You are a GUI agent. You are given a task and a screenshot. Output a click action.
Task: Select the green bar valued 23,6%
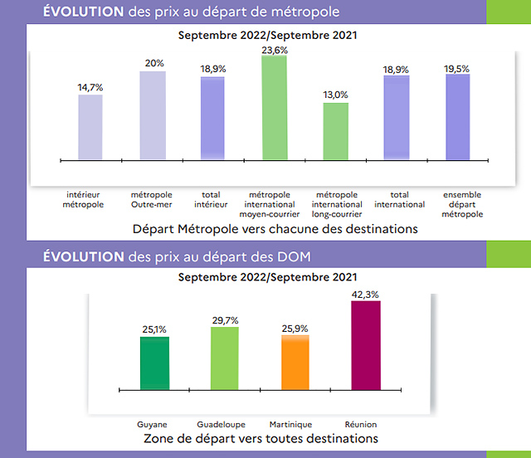click(274, 108)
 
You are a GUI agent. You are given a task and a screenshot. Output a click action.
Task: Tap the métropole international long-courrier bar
click(336, 131)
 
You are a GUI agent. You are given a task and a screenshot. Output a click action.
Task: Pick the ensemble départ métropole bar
click(457, 117)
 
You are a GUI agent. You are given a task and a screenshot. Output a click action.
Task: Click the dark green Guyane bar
click(154, 363)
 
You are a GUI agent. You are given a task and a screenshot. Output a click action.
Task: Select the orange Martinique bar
click(296, 363)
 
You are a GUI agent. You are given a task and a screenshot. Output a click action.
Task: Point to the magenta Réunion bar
click(366, 345)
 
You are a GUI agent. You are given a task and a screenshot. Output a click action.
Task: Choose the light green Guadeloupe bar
click(224, 358)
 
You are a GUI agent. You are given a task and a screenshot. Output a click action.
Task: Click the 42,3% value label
click(366, 294)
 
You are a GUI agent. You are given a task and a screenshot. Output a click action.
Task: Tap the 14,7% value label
click(90, 87)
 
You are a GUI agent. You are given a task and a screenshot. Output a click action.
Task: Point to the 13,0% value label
click(336, 95)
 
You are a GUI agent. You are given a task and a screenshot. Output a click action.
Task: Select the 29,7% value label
click(225, 320)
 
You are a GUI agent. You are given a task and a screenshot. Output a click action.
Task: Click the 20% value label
click(153, 64)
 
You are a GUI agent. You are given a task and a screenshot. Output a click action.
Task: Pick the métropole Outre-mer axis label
click(152, 199)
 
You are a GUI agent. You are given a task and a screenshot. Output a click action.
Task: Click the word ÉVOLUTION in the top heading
click(83, 12)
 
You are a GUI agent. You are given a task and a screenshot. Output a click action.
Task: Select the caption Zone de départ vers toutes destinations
click(261, 438)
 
